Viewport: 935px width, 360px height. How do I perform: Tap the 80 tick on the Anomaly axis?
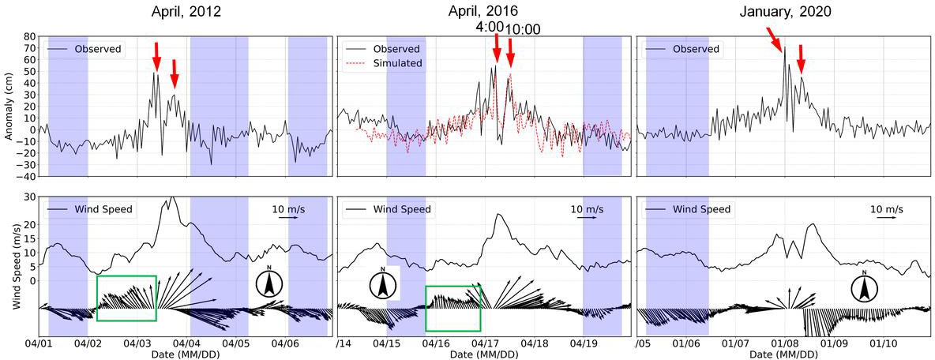tap(28, 36)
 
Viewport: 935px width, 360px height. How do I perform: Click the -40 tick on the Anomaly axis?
tap(26, 176)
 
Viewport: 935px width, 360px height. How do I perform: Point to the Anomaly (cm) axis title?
tap(9, 106)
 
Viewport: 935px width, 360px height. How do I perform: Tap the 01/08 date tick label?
tap(785, 344)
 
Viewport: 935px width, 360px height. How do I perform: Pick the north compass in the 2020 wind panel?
tap(865, 287)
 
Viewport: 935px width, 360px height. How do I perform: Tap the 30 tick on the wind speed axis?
tap(28, 197)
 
